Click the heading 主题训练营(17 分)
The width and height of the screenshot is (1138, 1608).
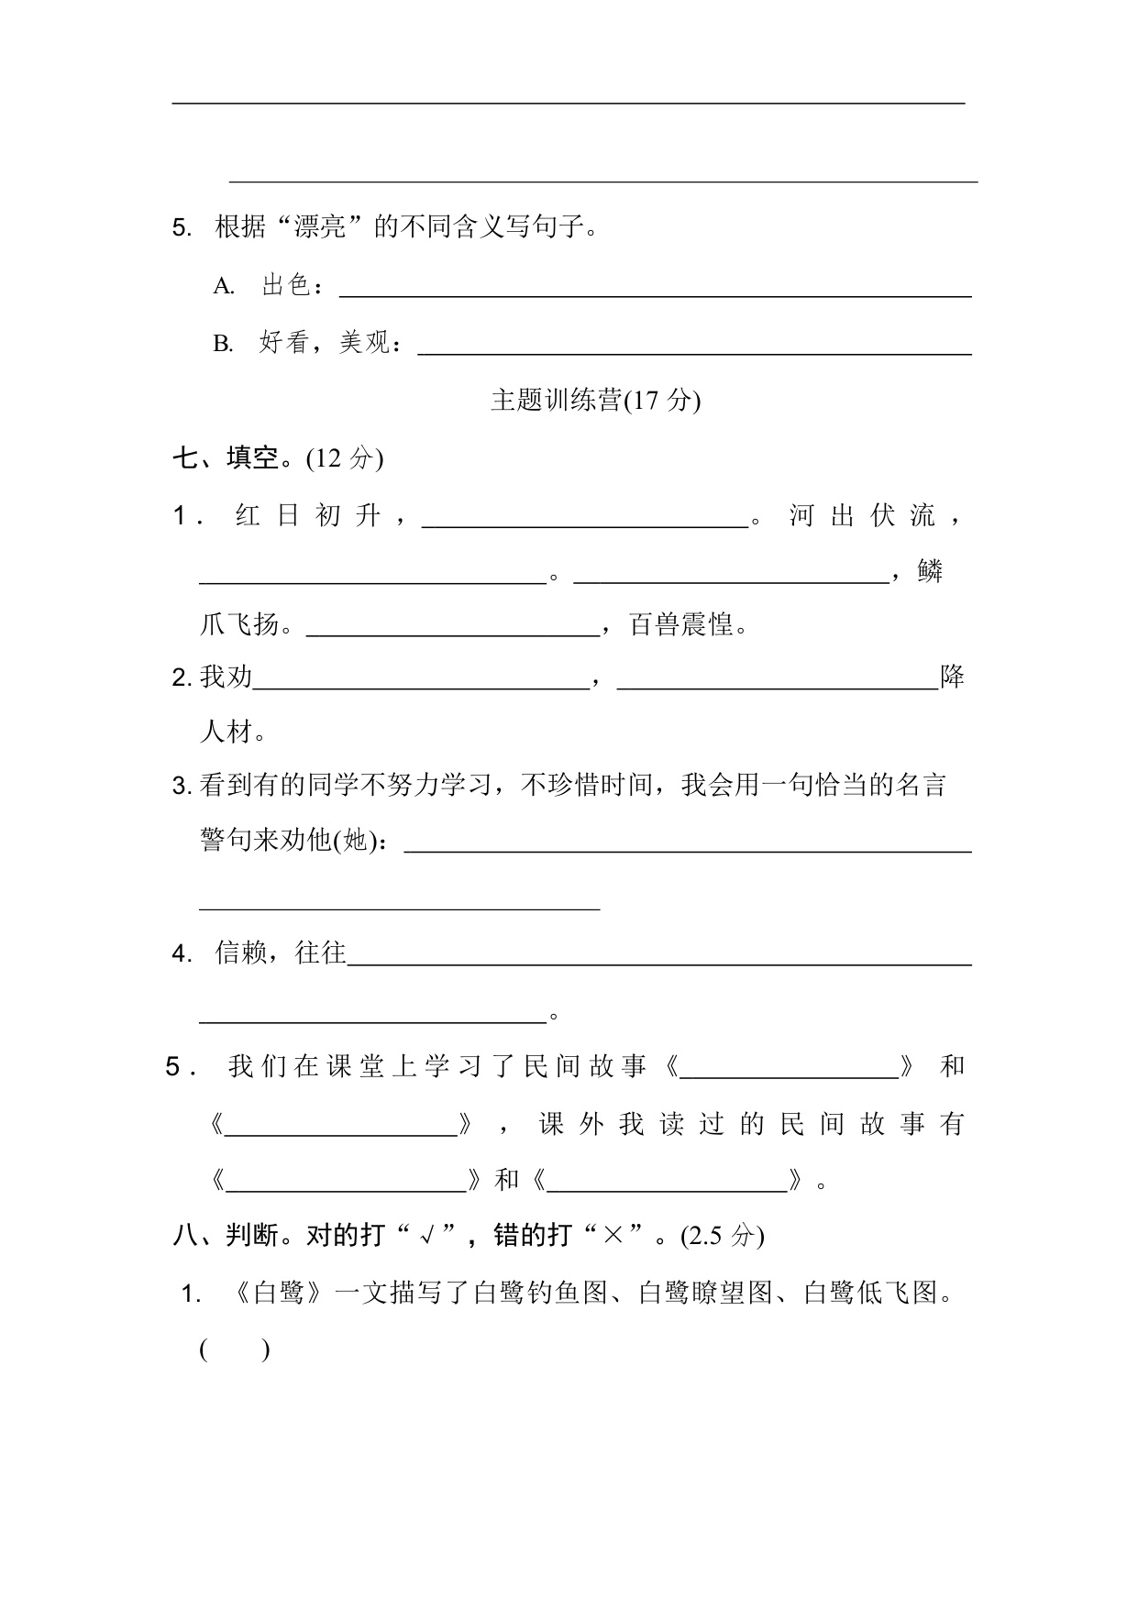[595, 401]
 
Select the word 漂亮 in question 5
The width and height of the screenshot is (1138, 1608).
[319, 226]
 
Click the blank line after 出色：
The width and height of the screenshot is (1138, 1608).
[655, 292]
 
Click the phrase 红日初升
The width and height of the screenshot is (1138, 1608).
[307, 516]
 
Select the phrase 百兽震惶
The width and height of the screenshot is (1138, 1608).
[682, 625]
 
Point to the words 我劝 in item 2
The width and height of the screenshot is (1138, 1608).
[226, 678]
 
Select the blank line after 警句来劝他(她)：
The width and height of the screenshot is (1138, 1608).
[688, 847]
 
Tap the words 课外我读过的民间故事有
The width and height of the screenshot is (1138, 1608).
[751, 1124]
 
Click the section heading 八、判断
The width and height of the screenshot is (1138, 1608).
[226, 1236]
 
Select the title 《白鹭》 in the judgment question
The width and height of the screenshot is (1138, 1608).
[278, 1294]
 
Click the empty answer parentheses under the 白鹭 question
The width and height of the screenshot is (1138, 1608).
[235, 1349]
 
